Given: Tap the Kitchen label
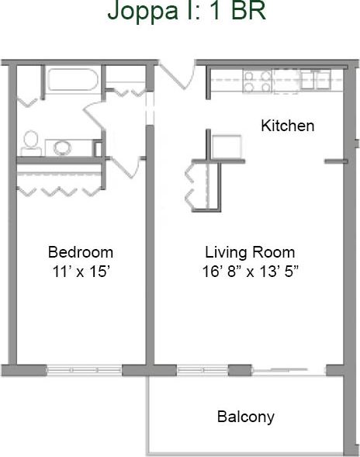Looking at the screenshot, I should pyautogui.click(x=287, y=126).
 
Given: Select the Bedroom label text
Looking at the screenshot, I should pyautogui.click(x=81, y=252).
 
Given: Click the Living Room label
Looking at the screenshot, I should pyautogui.click(x=250, y=252).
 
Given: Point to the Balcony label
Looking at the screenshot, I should pyautogui.click(x=245, y=417).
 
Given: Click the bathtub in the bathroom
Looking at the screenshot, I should pyautogui.click(x=71, y=81).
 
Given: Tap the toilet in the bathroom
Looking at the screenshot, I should pyautogui.click(x=31, y=140).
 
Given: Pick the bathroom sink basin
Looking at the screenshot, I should pyautogui.click(x=61, y=145).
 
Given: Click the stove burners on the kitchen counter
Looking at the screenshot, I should pyautogui.click(x=257, y=81).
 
